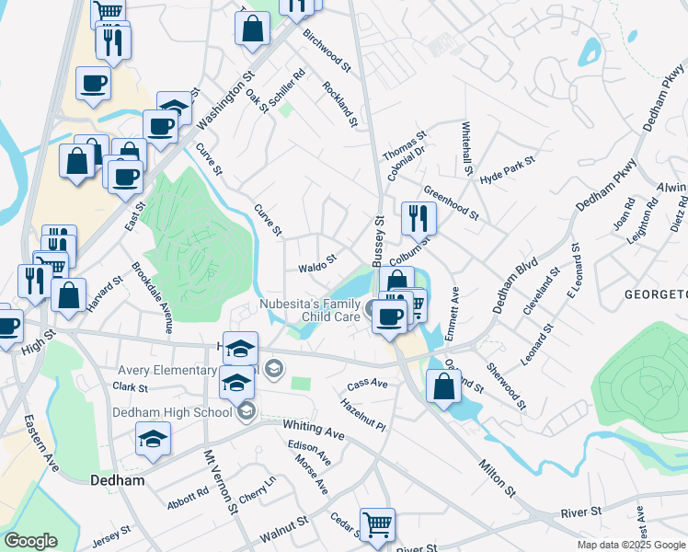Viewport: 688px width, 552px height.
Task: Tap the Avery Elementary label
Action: tap(166, 370)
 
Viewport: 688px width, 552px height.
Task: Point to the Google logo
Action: tap(30, 541)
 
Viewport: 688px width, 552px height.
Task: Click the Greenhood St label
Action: tap(451, 203)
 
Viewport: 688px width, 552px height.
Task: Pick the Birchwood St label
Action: tap(327, 51)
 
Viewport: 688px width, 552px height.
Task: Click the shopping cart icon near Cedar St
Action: tap(377, 524)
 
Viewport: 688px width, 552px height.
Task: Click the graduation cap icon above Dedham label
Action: tap(154, 440)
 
